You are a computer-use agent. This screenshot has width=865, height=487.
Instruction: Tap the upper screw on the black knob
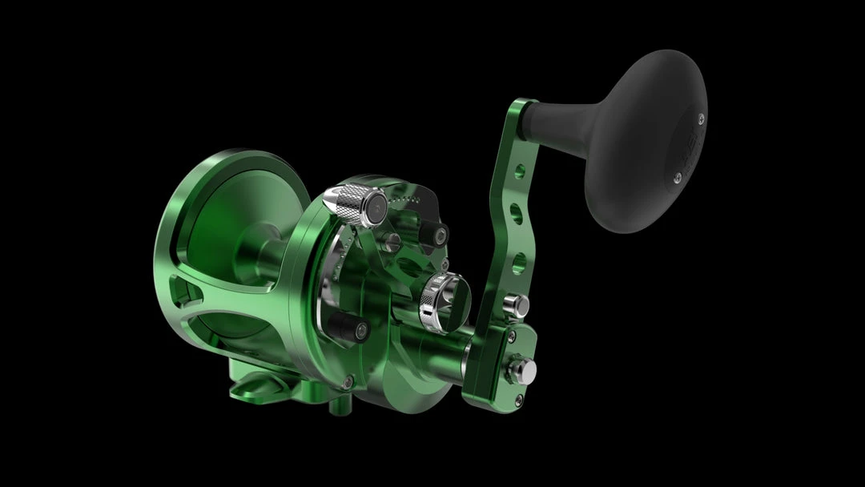[x=701, y=119]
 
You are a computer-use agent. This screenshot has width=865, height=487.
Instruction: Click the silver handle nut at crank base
[x=528, y=368]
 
